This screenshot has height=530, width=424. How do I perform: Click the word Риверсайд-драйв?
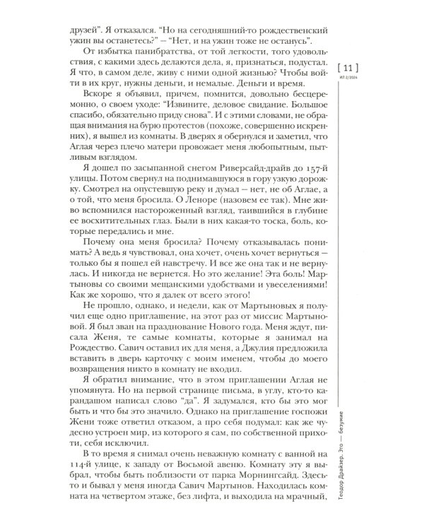[210, 167]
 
